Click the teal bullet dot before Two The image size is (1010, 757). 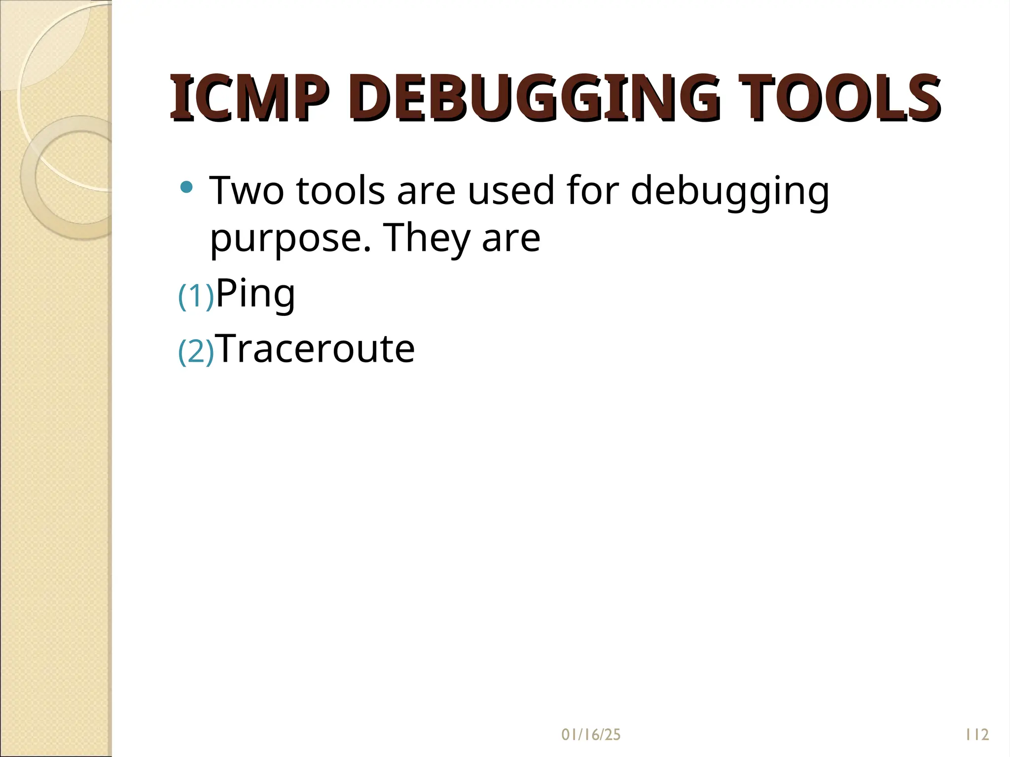[x=186, y=187]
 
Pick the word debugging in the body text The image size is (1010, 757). [x=730, y=192]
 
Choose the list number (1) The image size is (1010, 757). [x=196, y=296]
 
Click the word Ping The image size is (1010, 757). [x=255, y=294]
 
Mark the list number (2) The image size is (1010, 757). [x=196, y=352]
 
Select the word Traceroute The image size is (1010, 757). [x=316, y=348]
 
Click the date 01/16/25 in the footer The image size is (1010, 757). [x=590, y=735]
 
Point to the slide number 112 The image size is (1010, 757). [x=977, y=735]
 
